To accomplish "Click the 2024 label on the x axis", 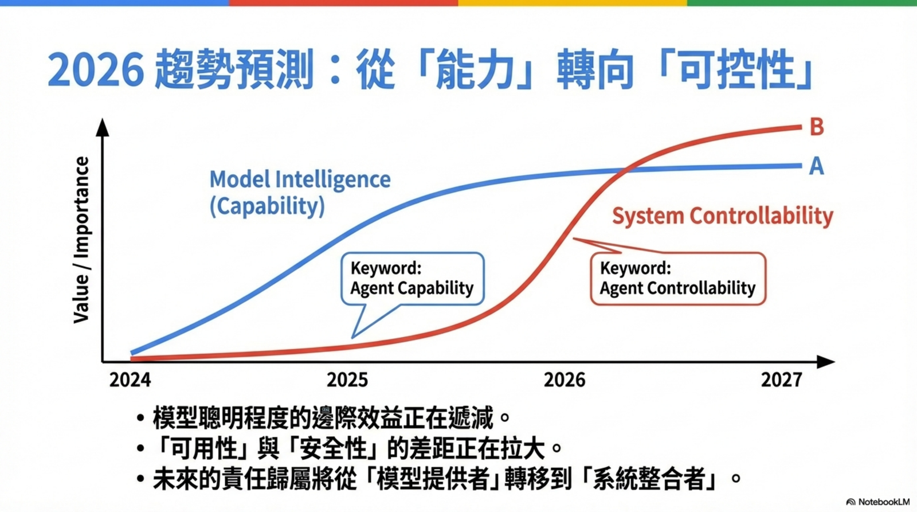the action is (130, 380).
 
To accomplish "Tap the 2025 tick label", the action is (347, 380).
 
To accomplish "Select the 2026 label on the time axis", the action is (565, 380).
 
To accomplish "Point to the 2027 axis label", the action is (782, 380).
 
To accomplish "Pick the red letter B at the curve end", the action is (817, 127).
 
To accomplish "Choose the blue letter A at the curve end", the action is (816, 166).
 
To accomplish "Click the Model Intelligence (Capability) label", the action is (300, 193).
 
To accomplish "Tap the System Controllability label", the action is (723, 216).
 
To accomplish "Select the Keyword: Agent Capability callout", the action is (412, 279).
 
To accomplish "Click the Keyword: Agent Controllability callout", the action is (678, 279).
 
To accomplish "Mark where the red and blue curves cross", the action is (623, 169).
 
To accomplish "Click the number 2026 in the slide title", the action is (96, 69).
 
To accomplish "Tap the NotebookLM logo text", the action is (877, 502).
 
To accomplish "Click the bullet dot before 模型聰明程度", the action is (140, 418).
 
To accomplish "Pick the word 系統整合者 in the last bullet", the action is (649, 478).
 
